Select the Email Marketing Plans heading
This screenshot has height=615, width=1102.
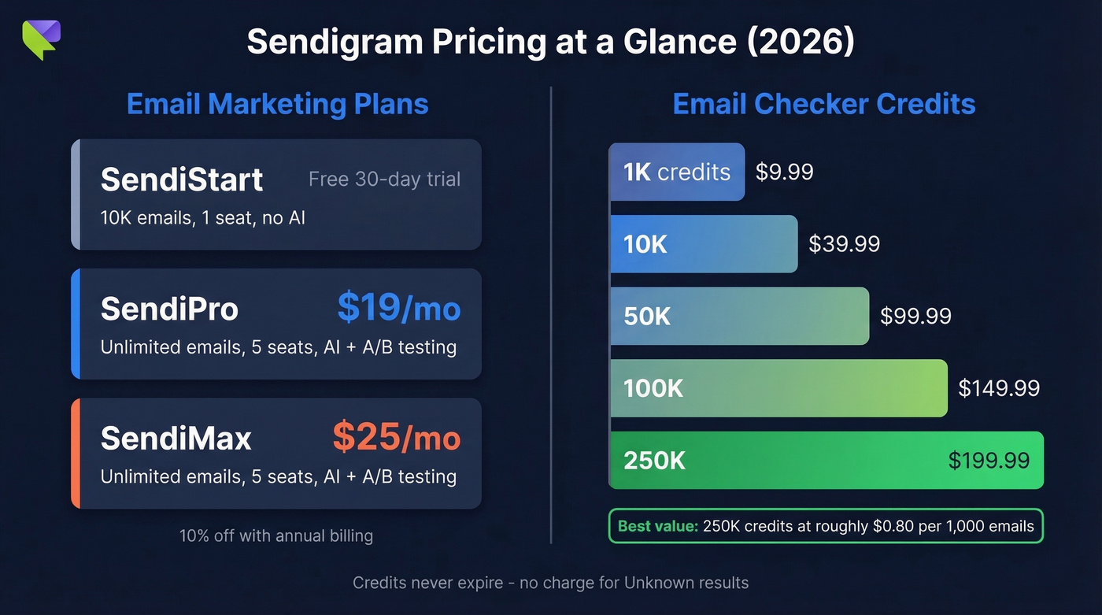click(x=277, y=104)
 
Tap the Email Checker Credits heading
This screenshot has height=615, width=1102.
click(x=823, y=104)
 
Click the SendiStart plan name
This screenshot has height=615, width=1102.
click(x=182, y=180)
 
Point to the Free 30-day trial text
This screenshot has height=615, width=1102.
click(x=384, y=180)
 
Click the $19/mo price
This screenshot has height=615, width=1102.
click(x=398, y=308)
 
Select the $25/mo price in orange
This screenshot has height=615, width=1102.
click(x=396, y=436)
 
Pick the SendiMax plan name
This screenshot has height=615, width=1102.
click(x=176, y=439)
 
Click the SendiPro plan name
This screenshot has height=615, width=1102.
click(x=169, y=309)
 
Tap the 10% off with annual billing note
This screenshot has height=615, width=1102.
click(x=276, y=536)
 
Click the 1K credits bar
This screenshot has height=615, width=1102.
click(x=676, y=172)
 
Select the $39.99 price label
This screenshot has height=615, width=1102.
click(x=844, y=244)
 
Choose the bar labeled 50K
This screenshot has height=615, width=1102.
click(x=738, y=316)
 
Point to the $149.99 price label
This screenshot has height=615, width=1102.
click(x=999, y=388)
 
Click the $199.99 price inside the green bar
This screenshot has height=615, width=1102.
click(x=989, y=461)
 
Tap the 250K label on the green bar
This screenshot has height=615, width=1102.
click(x=654, y=461)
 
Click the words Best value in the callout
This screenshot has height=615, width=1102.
click(x=658, y=527)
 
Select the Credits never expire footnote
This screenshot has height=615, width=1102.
click(x=550, y=584)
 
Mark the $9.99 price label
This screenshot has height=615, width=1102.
click(x=784, y=172)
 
